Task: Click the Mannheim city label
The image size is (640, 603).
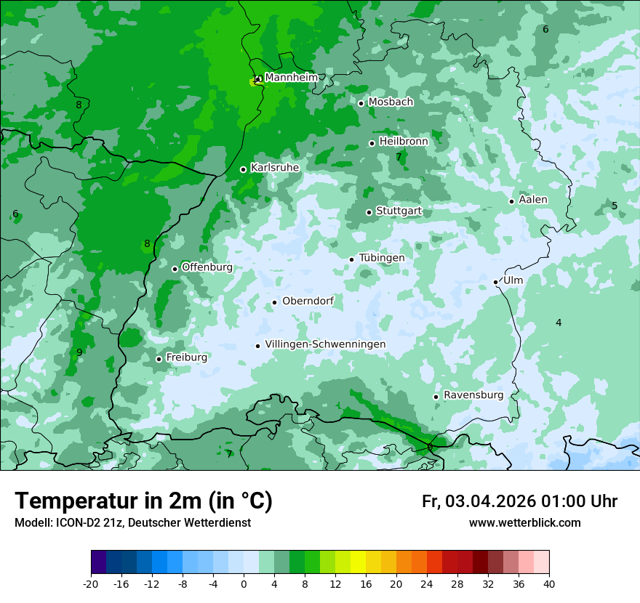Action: coord(290,77)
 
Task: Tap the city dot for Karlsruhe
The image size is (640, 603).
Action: coord(243,169)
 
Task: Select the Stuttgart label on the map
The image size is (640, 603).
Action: coord(399,211)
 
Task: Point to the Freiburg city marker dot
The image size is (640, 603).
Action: coord(159,359)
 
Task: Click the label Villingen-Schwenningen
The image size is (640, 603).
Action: coord(325,344)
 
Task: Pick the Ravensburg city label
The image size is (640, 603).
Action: coord(473,395)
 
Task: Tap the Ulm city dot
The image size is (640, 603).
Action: coord(495,282)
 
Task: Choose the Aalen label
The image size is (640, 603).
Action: coord(533,200)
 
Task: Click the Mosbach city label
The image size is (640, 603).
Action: coord(391,102)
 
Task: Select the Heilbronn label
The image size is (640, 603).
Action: coord(403,142)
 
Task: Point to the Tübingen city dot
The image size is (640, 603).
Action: coord(351,259)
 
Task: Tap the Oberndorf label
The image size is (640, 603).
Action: coord(308,301)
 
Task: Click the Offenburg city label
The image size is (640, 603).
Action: coord(207,267)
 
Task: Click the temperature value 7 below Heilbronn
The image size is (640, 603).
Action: coord(399,156)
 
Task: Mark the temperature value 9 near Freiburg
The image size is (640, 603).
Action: coord(79,352)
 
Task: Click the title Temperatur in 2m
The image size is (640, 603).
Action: coord(144,501)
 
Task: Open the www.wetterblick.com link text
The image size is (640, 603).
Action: coord(524,523)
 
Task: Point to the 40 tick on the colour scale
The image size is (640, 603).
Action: coord(548,583)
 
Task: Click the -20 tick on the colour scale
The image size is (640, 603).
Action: coord(91,583)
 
